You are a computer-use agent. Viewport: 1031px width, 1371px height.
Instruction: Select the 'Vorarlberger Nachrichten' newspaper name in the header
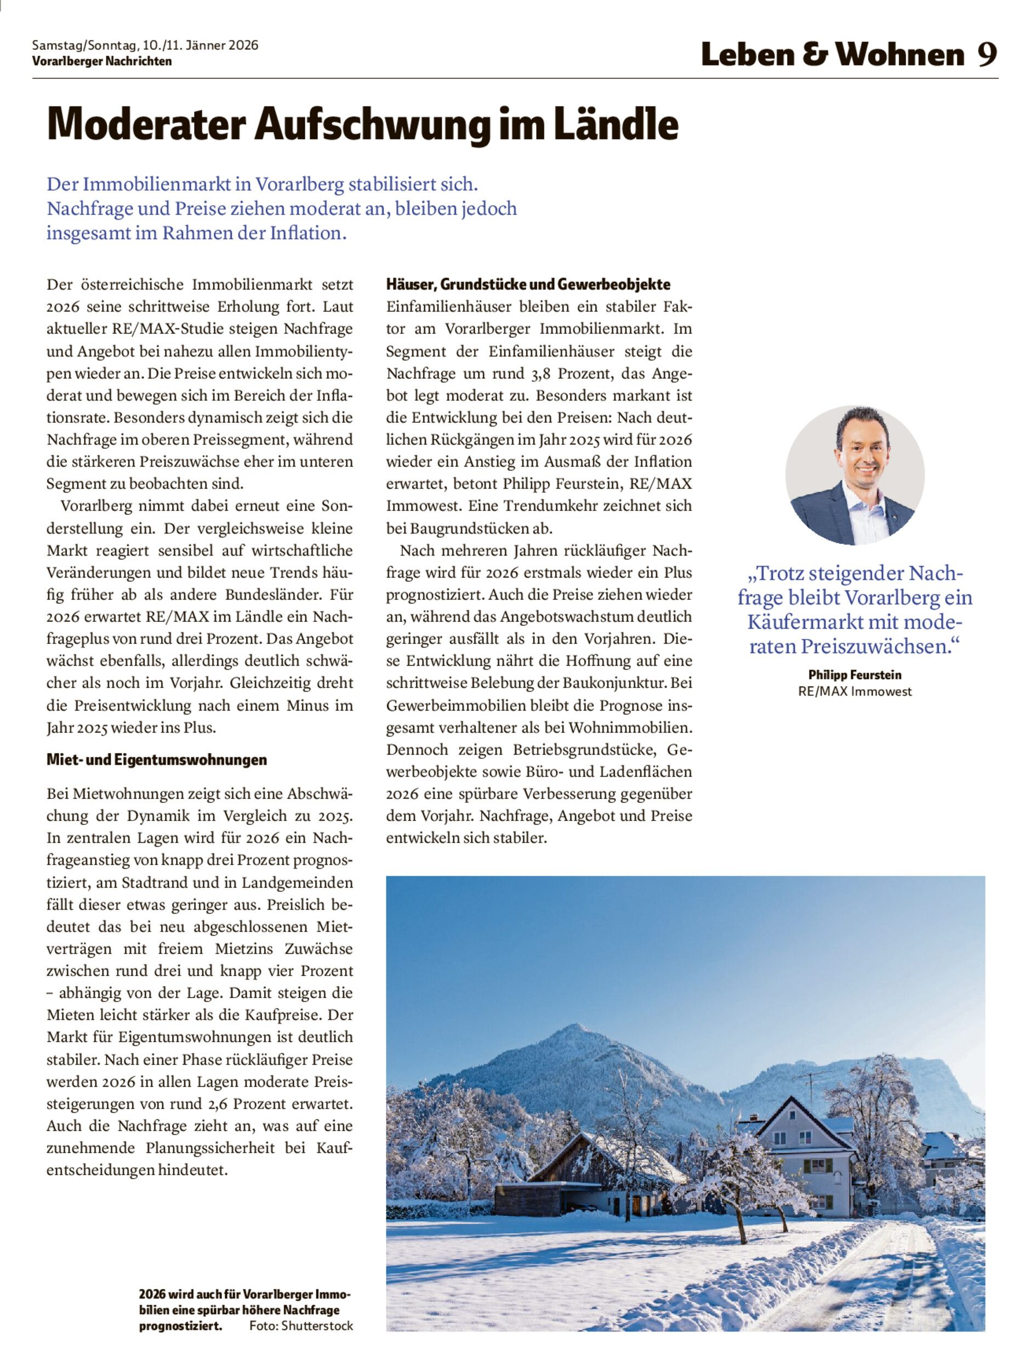click(x=101, y=61)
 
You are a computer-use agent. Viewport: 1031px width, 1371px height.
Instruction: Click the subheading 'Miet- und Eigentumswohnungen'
click(x=157, y=760)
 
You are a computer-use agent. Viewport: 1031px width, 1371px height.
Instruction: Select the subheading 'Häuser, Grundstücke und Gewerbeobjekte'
click(x=528, y=285)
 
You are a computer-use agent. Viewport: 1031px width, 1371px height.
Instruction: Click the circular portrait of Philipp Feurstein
click(x=855, y=475)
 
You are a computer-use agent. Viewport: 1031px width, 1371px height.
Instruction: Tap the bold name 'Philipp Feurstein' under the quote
click(x=855, y=675)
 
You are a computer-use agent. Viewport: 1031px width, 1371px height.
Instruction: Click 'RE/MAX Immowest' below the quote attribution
click(x=855, y=692)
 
